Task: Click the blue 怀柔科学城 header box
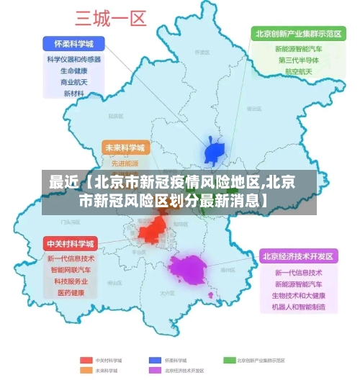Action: click(x=73, y=42)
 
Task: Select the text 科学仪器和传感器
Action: click(x=73, y=59)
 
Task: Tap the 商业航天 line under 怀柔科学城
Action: click(x=73, y=82)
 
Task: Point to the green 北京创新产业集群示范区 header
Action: click(x=296, y=34)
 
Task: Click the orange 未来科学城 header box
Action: click(x=125, y=148)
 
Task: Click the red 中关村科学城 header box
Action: click(x=70, y=243)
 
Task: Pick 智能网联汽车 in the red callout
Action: click(x=71, y=270)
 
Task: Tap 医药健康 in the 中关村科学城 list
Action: click(x=71, y=293)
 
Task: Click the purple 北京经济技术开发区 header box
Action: click(x=297, y=255)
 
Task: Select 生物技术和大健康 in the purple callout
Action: click(x=298, y=296)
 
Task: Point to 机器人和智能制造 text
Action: click(x=298, y=307)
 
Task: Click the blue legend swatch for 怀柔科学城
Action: click(x=155, y=359)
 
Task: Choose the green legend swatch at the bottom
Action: click(x=230, y=359)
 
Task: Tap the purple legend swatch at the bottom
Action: click(x=155, y=370)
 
